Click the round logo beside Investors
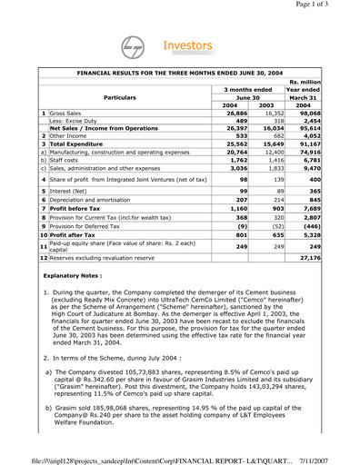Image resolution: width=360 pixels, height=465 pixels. tap(134, 48)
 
